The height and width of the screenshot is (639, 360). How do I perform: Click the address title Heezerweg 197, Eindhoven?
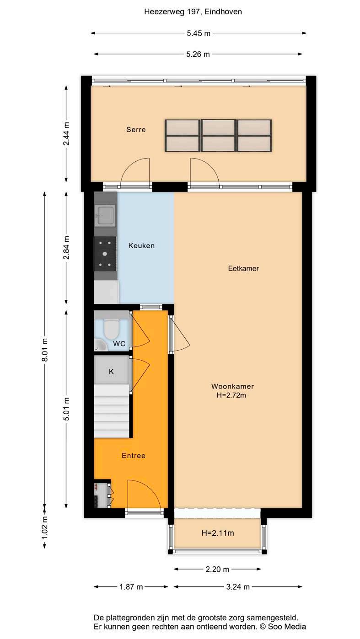point(193,12)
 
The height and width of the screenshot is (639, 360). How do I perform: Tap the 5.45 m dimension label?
point(199,33)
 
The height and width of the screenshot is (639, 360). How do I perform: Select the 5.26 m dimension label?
point(198,54)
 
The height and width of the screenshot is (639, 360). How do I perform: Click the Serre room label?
point(136,129)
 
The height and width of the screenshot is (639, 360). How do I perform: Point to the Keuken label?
point(141,245)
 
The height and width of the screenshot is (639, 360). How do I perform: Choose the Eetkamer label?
point(243,268)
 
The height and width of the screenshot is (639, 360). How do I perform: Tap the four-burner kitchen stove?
point(105,254)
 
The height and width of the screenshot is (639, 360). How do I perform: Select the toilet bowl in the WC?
point(111,329)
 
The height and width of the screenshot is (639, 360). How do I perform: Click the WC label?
point(119,344)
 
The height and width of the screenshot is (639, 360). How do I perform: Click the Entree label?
point(134,456)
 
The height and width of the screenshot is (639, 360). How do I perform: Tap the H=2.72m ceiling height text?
point(231,395)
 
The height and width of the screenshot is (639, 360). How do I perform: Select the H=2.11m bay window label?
point(218,533)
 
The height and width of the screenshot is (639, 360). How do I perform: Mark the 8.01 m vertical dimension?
point(44,350)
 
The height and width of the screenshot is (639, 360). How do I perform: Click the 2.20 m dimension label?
point(217,570)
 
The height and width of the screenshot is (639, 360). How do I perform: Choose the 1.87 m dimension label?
point(131,587)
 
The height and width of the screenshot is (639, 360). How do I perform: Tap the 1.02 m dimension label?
point(45,528)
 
